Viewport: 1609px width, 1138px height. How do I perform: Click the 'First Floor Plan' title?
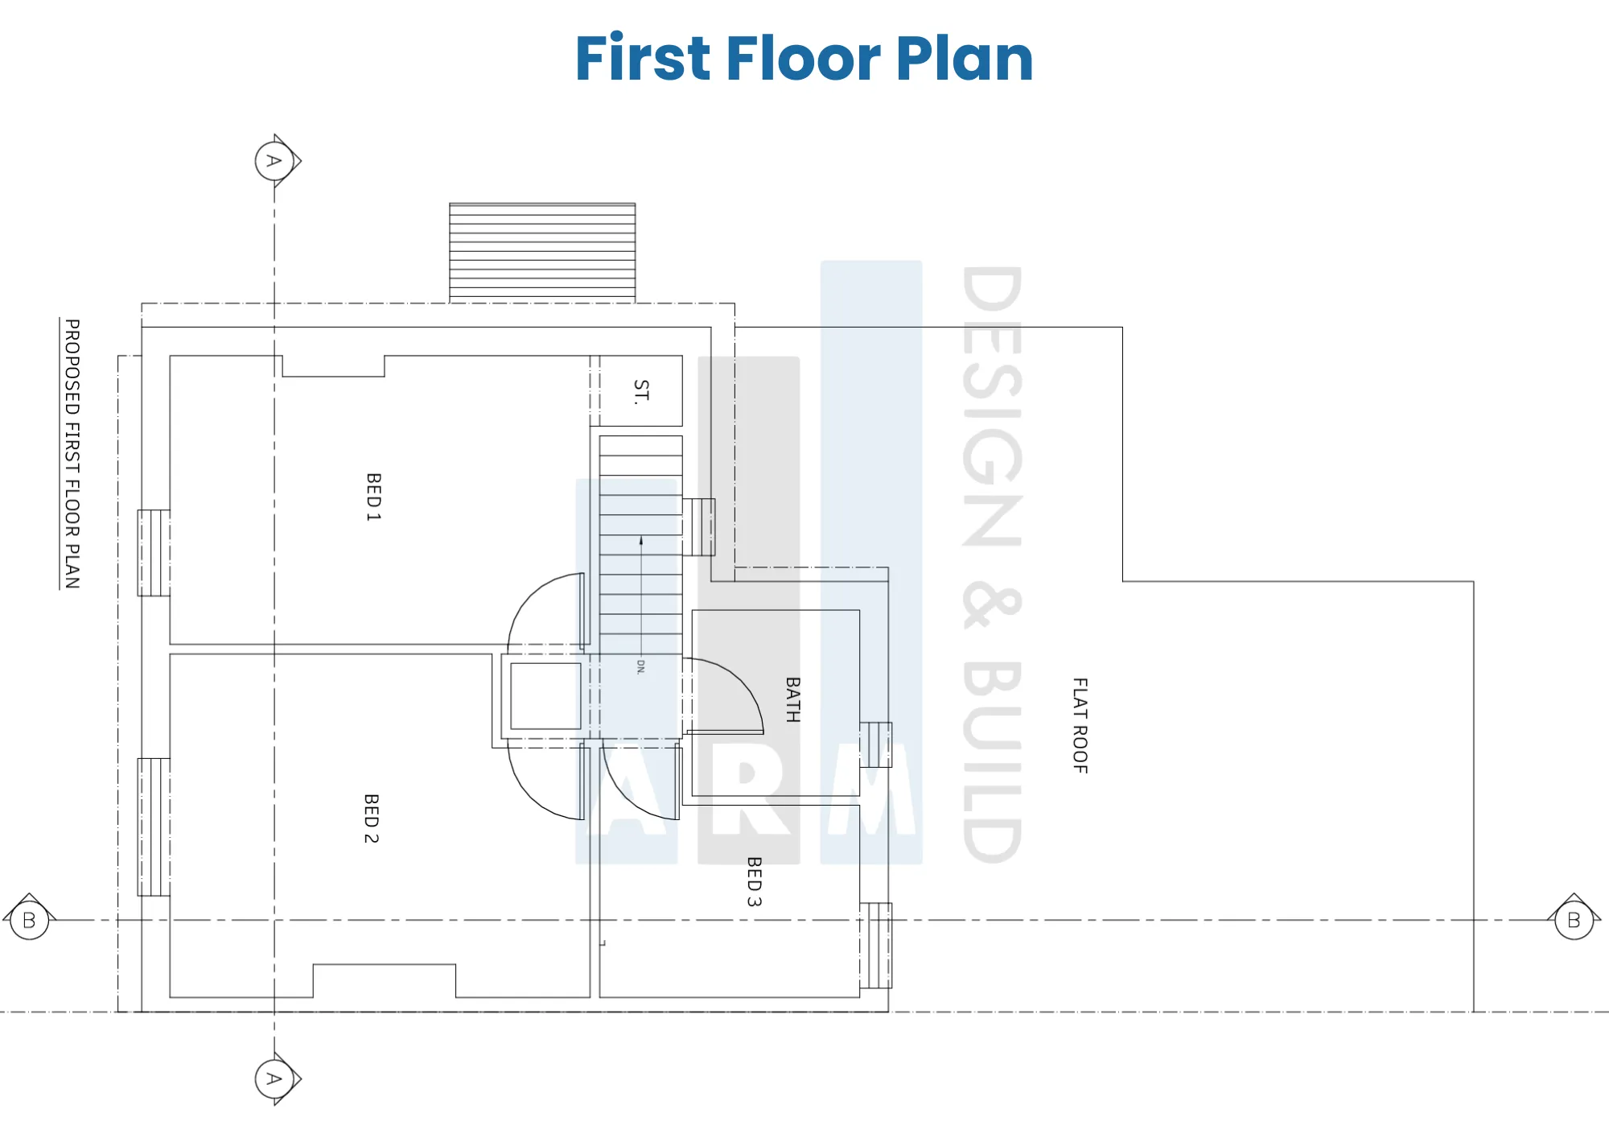point(804,58)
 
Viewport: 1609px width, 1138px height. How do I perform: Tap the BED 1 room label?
point(373,497)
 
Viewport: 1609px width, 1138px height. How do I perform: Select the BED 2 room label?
point(371,818)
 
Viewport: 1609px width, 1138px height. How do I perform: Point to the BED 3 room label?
point(754,881)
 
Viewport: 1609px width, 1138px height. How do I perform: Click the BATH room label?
point(792,699)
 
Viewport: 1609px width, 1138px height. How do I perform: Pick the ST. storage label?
point(640,391)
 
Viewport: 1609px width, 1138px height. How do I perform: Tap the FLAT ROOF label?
point(1080,725)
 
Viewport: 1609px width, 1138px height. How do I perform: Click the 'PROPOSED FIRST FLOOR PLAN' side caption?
point(72,454)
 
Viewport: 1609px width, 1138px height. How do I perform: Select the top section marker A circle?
point(274,161)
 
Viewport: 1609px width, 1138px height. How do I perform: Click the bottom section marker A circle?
point(274,1078)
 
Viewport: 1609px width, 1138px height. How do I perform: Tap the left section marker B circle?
point(30,920)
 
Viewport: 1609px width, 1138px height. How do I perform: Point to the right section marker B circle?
point(1574,920)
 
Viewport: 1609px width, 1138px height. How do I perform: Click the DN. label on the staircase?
point(640,666)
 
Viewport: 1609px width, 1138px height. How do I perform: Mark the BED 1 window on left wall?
point(154,553)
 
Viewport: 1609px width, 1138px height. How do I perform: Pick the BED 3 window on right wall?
point(876,946)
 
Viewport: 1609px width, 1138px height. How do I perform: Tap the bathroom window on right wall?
point(876,744)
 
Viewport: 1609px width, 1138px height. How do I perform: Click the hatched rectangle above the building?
point(542,253)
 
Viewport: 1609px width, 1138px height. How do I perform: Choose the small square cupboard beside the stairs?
point(545,696)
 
